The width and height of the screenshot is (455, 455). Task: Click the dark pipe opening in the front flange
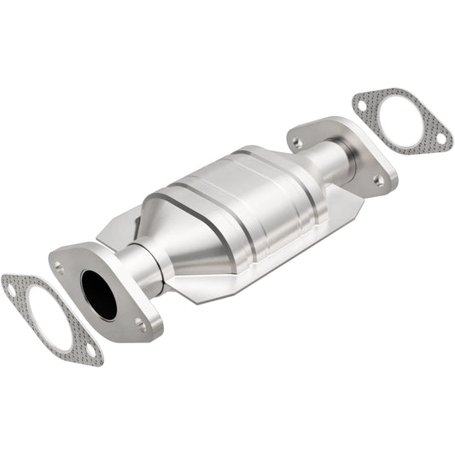99,295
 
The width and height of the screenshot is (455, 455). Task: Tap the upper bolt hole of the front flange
60,267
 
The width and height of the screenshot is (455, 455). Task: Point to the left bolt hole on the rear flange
296,142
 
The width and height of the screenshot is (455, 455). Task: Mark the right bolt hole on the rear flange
377,179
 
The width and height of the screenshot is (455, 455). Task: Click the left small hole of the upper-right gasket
363,107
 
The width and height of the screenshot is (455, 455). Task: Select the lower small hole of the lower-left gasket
90,351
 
